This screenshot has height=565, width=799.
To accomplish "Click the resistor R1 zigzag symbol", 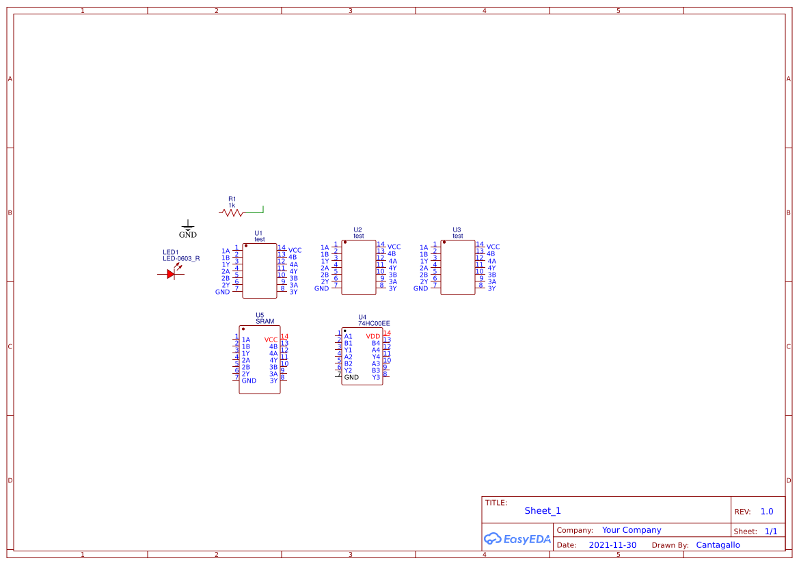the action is point(231,212).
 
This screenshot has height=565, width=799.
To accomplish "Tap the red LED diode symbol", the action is point(171,273).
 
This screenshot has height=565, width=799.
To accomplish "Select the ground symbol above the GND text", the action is point(188,225).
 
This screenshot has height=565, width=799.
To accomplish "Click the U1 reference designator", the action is point(258,234).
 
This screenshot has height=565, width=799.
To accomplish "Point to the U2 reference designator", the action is point(357,230).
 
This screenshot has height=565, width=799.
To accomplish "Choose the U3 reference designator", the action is point(457,230).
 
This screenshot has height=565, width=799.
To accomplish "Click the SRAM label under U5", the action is point(265,322).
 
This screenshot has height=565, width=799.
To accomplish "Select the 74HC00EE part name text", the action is point(374,324).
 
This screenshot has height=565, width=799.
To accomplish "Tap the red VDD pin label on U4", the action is point(373,336).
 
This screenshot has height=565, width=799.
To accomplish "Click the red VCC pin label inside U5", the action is point(271,340).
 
